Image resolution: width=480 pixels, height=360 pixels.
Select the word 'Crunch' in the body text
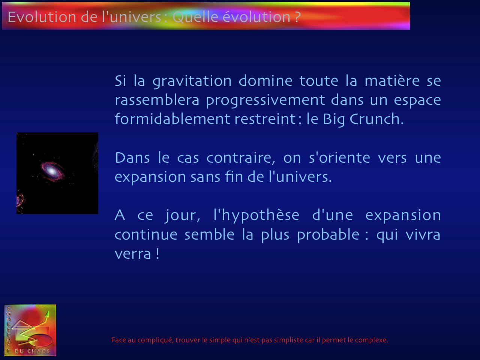click(375, 119)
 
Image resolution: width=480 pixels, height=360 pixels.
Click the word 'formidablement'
click(172, 119)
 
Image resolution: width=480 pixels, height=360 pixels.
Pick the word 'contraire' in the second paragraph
click(239, 158)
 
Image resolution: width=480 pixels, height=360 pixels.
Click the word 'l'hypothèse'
click(256, 216)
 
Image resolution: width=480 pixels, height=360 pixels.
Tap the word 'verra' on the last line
click(133, 254)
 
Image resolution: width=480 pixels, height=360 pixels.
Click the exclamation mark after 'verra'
click(157, 253)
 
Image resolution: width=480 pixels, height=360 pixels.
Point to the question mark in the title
click(297, 17)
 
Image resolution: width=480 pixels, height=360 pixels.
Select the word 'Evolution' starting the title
click(42, 17)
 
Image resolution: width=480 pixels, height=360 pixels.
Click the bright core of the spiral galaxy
click(52, 171)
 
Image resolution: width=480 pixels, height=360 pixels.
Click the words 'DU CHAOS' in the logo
click(32, 351)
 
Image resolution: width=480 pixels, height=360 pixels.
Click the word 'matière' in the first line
click(392, 81)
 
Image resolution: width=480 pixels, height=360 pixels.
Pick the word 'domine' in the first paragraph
click(265, 81)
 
